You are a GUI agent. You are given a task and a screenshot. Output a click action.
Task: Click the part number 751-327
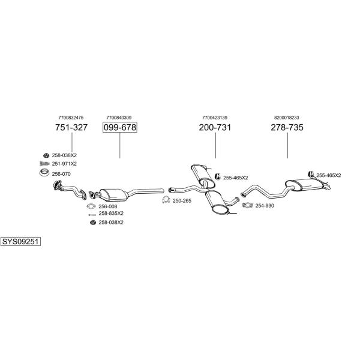click(x=71, y=128)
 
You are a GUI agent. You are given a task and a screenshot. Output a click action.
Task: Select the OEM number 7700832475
click(x=71, y=118)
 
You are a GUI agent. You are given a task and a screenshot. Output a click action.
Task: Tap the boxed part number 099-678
click(x=119, y=128)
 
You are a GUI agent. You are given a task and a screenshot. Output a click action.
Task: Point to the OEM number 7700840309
click(x=119, y=118)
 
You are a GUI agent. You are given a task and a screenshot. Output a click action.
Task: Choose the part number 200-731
click(x=215, y=128)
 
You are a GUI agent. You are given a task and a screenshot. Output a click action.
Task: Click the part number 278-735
click(x=287, y=128)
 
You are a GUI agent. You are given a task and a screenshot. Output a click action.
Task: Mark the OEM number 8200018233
click(x=287, y=118)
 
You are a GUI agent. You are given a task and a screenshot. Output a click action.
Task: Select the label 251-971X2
click(x=64, y=164)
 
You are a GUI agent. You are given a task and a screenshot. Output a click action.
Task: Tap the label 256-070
click(x=61, y=174)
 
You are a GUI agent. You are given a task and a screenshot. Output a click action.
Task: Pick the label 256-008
click(x=107, y=206)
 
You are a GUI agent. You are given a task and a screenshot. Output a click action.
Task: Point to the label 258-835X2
click(x=111, y=213)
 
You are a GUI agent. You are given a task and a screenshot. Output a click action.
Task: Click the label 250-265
click(x=182, y=200)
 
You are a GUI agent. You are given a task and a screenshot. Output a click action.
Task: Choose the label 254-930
click(x=265, y=206)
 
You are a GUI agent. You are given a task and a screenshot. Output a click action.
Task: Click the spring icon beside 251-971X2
click(x=43, y=164)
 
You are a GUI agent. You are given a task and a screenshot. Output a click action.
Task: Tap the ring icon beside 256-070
click(x=44, y=174)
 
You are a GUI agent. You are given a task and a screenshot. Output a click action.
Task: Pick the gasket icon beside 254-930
click(x=247, y=206)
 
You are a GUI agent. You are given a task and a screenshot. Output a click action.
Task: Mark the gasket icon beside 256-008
click(x=91, y=206)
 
